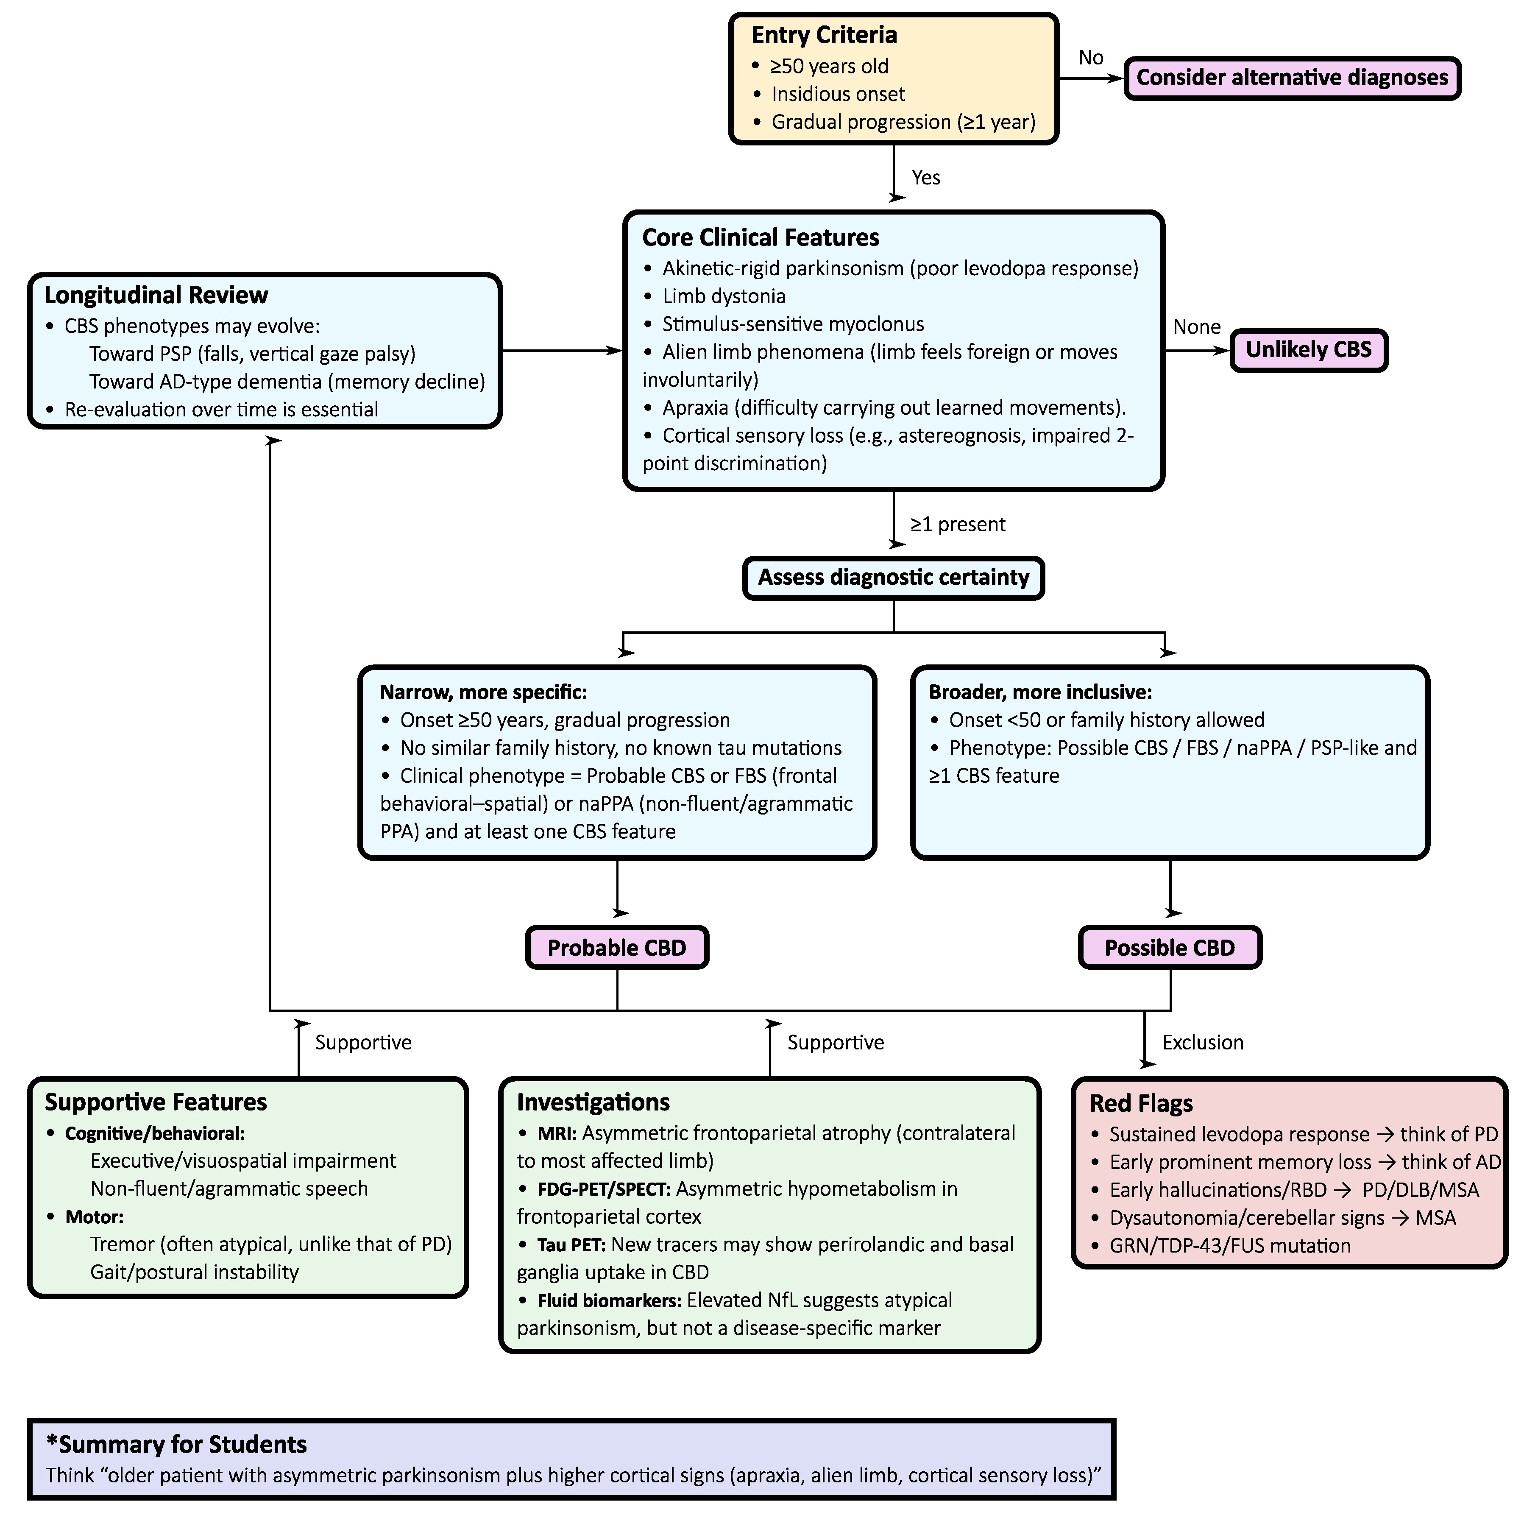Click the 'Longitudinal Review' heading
click(x=156, y=295)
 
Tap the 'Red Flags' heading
click(x=1141, y=1103)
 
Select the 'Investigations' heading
click(x=593, y=1102)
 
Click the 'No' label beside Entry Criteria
click(x=1090, y=58)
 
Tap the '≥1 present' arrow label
click(x=958, y=525)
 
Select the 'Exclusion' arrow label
click(x=1202, y=1042)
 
